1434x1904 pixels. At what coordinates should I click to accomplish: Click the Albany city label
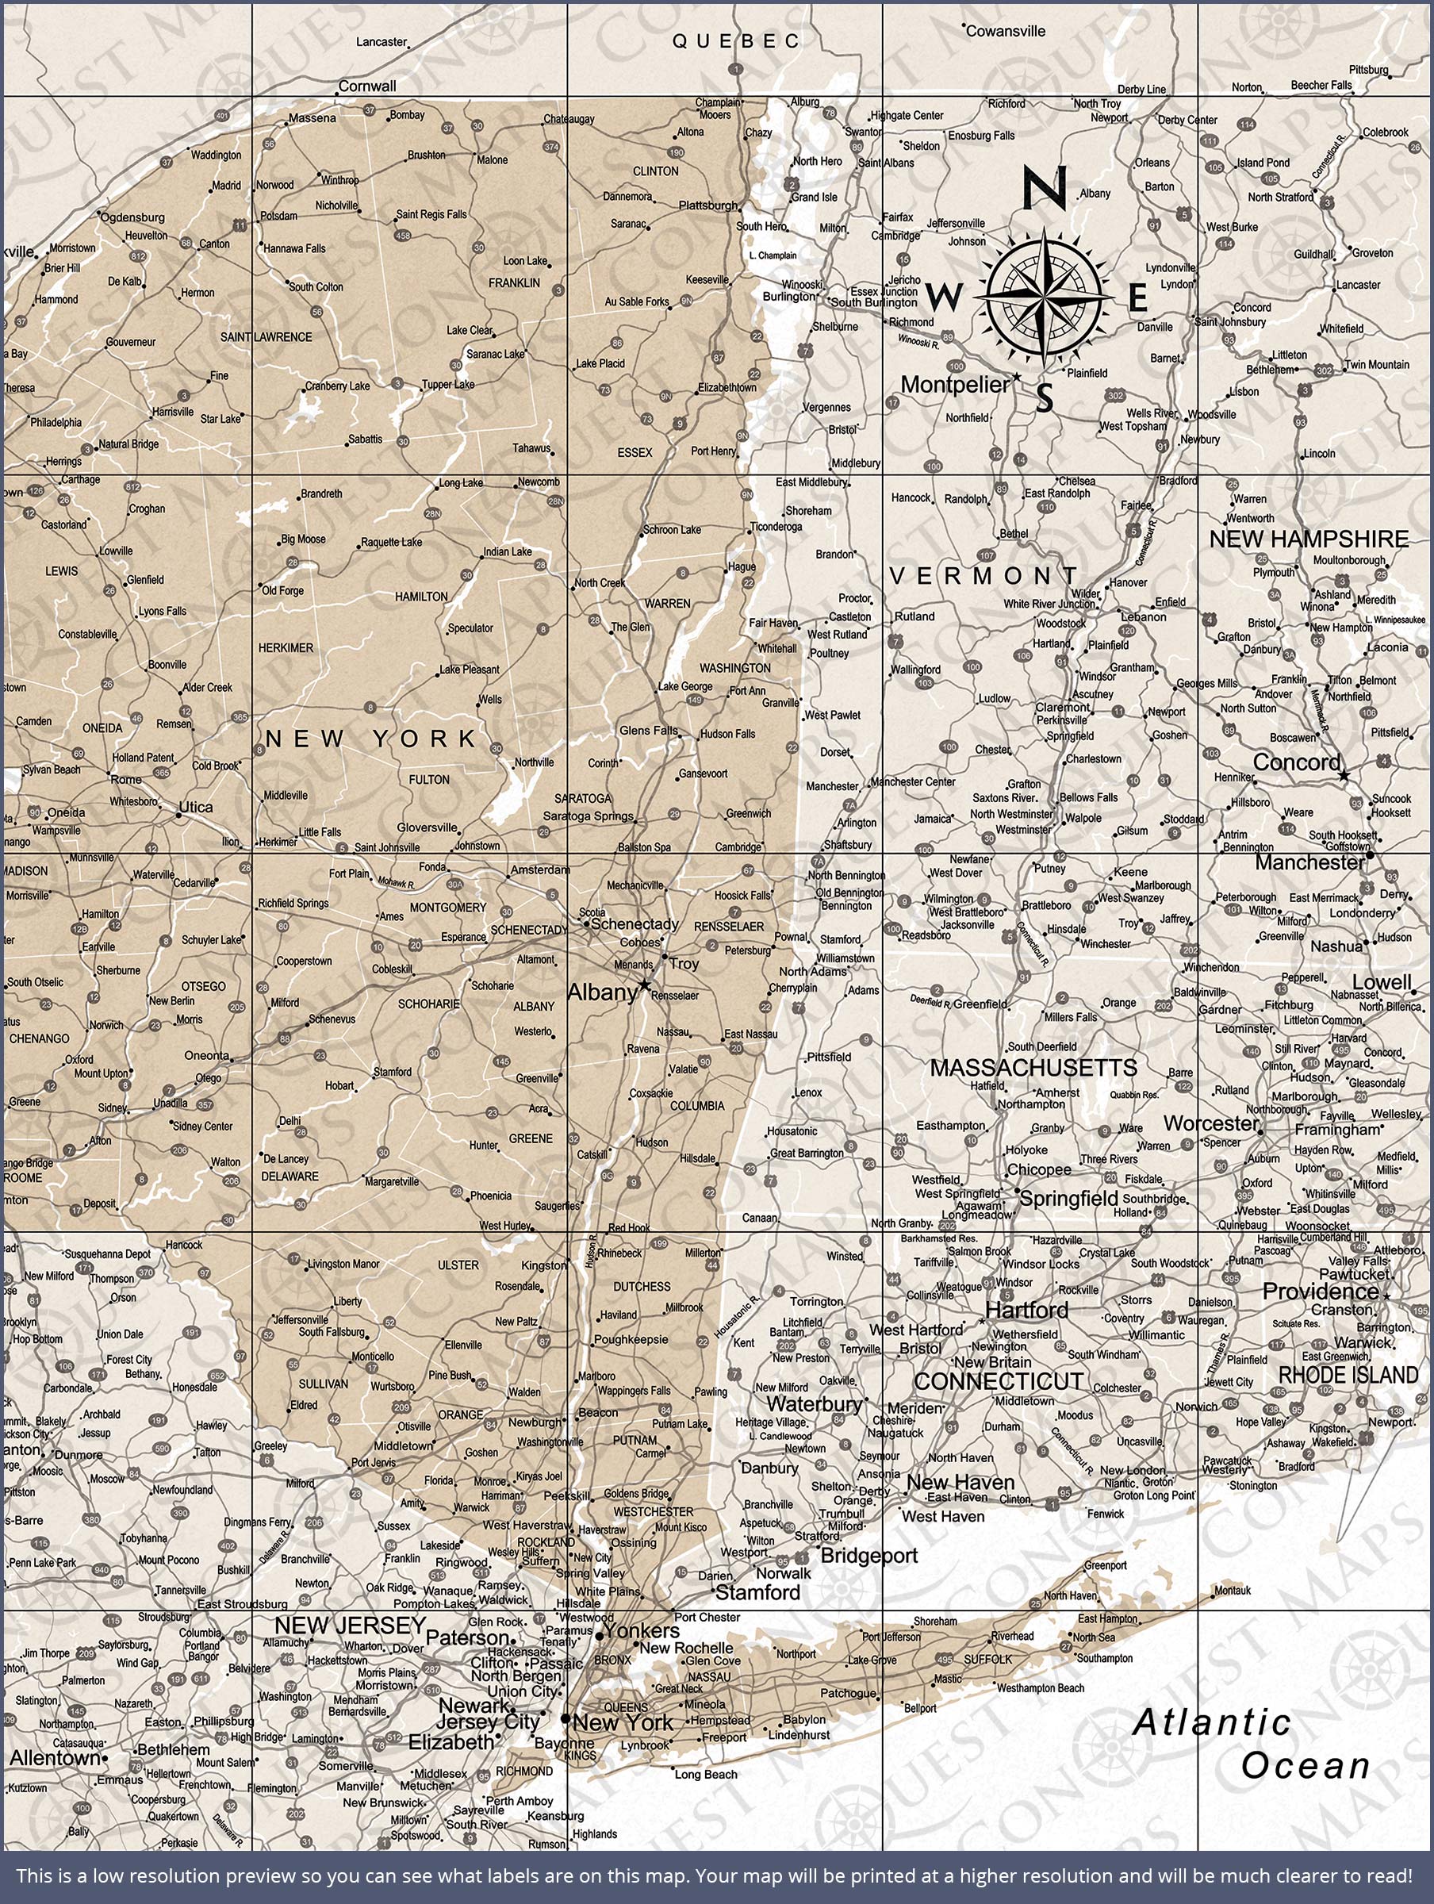(x=602, y=992)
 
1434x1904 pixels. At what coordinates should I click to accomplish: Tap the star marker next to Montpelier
(x=1017, y=377)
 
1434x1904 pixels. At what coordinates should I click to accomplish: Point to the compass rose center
(x=1044, y=296)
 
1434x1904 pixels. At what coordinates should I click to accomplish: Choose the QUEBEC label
(x=736, y=41)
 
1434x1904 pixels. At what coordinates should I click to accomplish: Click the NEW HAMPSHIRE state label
(x=1309, y=539)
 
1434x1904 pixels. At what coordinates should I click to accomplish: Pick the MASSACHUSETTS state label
(x=1033, y=1068)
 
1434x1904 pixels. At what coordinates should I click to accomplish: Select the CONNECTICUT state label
(x=999, y=1381)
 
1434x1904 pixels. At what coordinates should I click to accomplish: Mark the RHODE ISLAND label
(x=1348, y=1376)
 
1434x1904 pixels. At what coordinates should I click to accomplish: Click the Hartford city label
(x=1026, y=1311)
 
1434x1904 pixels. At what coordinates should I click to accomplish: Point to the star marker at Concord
(x=1343, y=776)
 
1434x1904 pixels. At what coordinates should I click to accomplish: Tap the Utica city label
(x=194, y=808)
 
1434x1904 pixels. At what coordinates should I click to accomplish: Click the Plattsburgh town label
(x=707, y=205)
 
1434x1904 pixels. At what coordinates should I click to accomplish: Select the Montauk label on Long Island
(x=1233, y=1591)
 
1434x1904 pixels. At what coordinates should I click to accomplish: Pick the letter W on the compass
(x=945, y=298)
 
